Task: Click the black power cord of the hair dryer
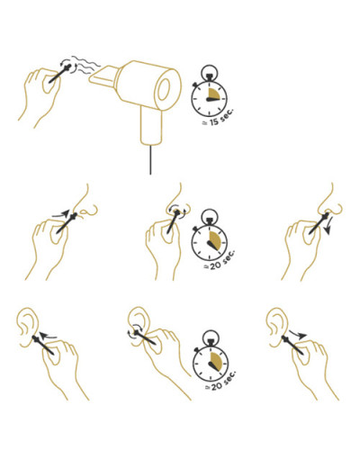[150, 159]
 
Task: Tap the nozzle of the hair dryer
[104, 76]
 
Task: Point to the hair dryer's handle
[152, 123]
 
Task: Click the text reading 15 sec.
[219, 118]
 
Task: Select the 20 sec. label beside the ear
[220, 381]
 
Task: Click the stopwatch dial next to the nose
[210, 242]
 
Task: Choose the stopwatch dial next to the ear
[211, 363]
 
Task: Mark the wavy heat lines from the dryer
[86, 65]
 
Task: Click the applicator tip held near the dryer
[67, 68]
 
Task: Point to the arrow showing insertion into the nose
[61, 214]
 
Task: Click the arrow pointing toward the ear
[48, 336]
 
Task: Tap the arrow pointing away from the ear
[298, 334]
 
